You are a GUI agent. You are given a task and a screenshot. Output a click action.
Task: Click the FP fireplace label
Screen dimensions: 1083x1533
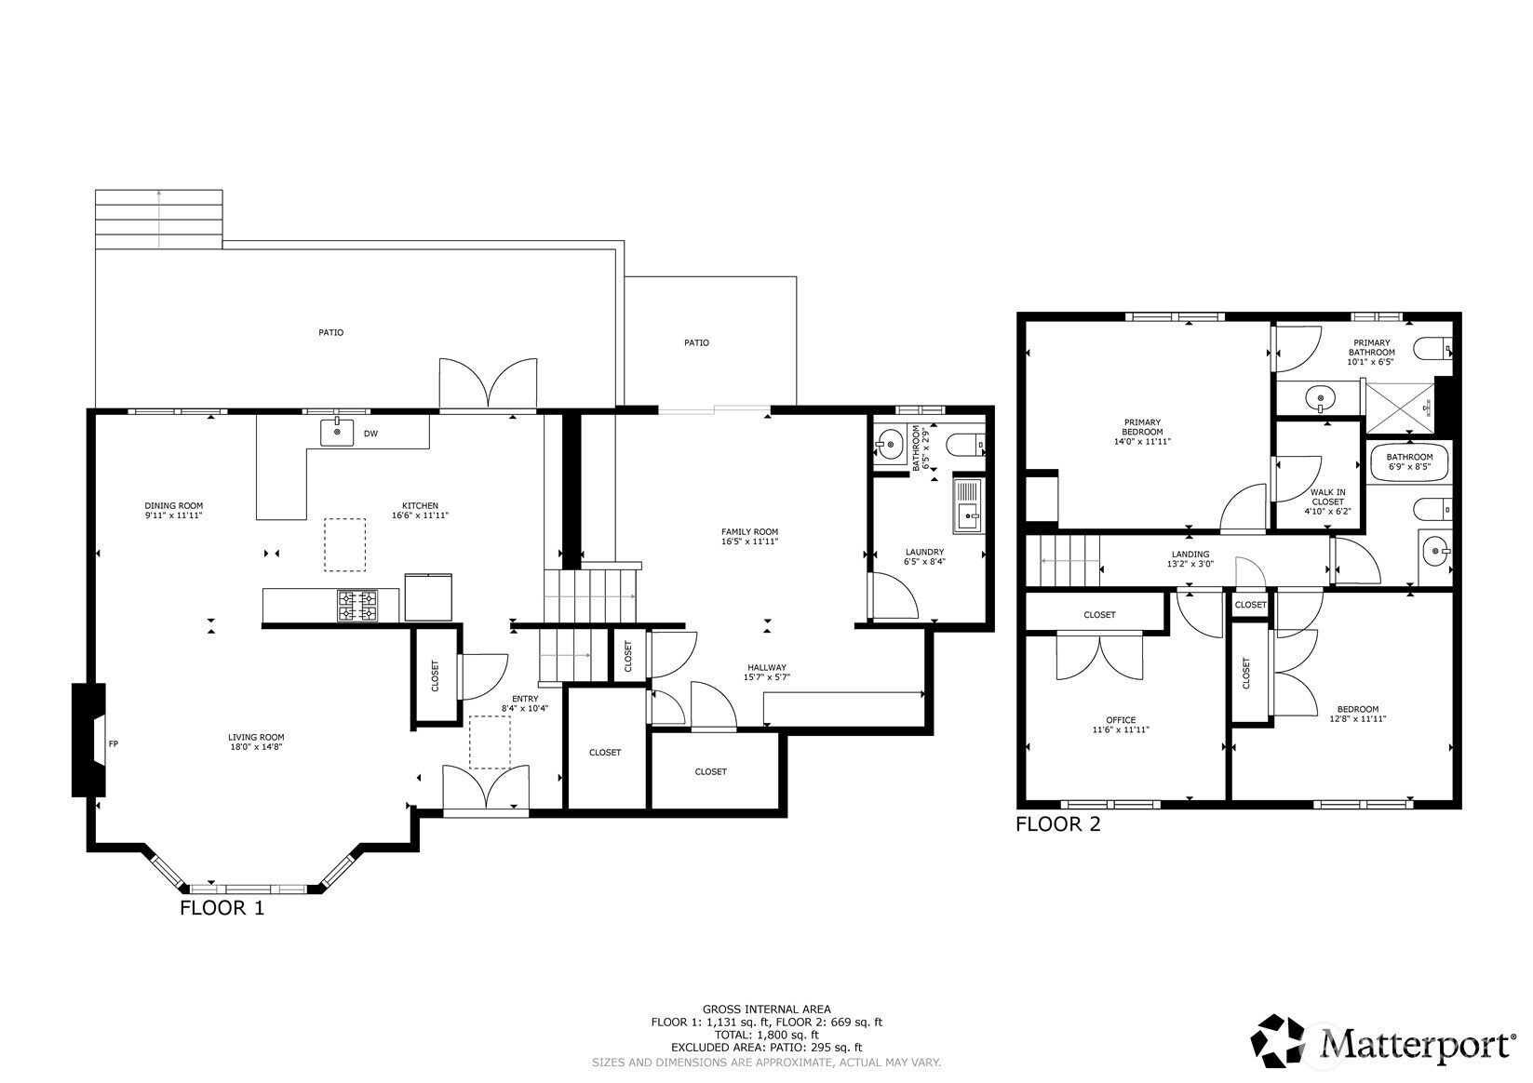click(x=114, y=743)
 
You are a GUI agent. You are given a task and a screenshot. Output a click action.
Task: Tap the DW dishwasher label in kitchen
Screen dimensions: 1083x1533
click(x=370, y=434)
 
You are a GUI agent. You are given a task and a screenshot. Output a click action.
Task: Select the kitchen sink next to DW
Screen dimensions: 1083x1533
click(x=337, y=433)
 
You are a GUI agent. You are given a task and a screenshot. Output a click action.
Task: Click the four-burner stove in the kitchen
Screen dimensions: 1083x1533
click(x=357, y=606)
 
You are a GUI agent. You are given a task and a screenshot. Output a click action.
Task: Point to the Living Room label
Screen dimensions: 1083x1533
click(x=256, y=738)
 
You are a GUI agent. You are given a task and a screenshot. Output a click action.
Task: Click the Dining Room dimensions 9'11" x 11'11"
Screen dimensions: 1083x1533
click(x=173, y=515)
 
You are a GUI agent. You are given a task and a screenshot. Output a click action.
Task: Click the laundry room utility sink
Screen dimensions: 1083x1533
click(x=968, y=506)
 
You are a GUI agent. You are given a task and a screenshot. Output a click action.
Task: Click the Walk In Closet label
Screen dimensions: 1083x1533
click(x=1327, y=497)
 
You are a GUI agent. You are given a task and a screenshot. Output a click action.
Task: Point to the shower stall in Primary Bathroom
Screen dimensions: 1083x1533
click(x=1401, y=407)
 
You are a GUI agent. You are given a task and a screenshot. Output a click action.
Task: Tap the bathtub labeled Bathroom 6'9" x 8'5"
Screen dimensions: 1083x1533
click(x=1409, y=461)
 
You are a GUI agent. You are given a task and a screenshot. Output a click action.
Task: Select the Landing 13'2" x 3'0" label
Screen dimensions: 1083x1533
click(x=1190, y=558)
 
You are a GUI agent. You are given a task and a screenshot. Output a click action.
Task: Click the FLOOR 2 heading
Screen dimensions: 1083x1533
click(x=1057, y=824)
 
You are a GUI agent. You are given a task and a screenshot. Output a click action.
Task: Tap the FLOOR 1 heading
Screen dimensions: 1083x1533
click(x=222, y=908)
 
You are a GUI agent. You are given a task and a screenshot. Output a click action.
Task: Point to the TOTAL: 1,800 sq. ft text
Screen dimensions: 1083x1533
click(x=766, y=1035)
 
